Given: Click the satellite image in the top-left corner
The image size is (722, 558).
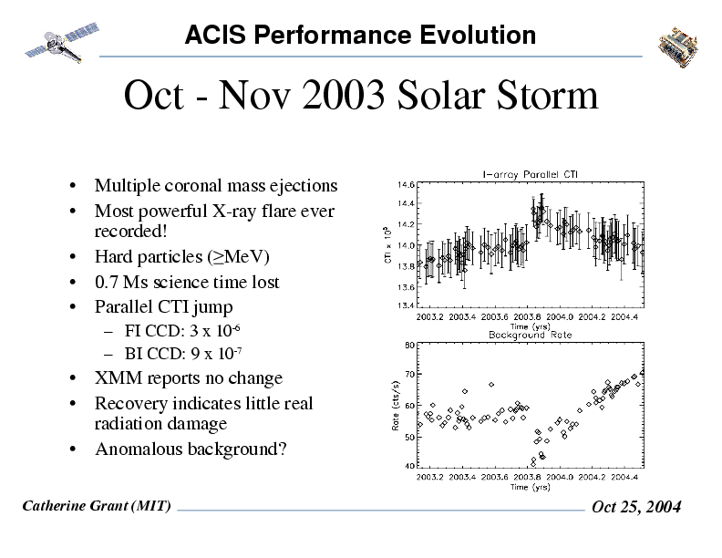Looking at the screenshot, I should (58, 39).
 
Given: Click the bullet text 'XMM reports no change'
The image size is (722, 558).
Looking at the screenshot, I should (189, 378).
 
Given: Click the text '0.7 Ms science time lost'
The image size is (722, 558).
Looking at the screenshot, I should (187, 283).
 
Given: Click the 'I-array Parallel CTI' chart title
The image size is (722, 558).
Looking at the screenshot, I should (528, 175).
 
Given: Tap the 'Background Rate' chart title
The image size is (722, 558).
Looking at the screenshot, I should (529, 335).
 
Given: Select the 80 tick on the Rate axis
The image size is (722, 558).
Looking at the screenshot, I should (410, 345).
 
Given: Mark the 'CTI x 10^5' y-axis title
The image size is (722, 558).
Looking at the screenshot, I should (387, 245).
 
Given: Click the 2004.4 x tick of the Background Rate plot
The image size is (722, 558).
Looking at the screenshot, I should (624, 476).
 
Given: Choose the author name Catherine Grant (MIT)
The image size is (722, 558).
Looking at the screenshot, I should (96, 506).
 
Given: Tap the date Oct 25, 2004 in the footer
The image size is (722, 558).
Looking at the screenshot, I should (636, 508).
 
